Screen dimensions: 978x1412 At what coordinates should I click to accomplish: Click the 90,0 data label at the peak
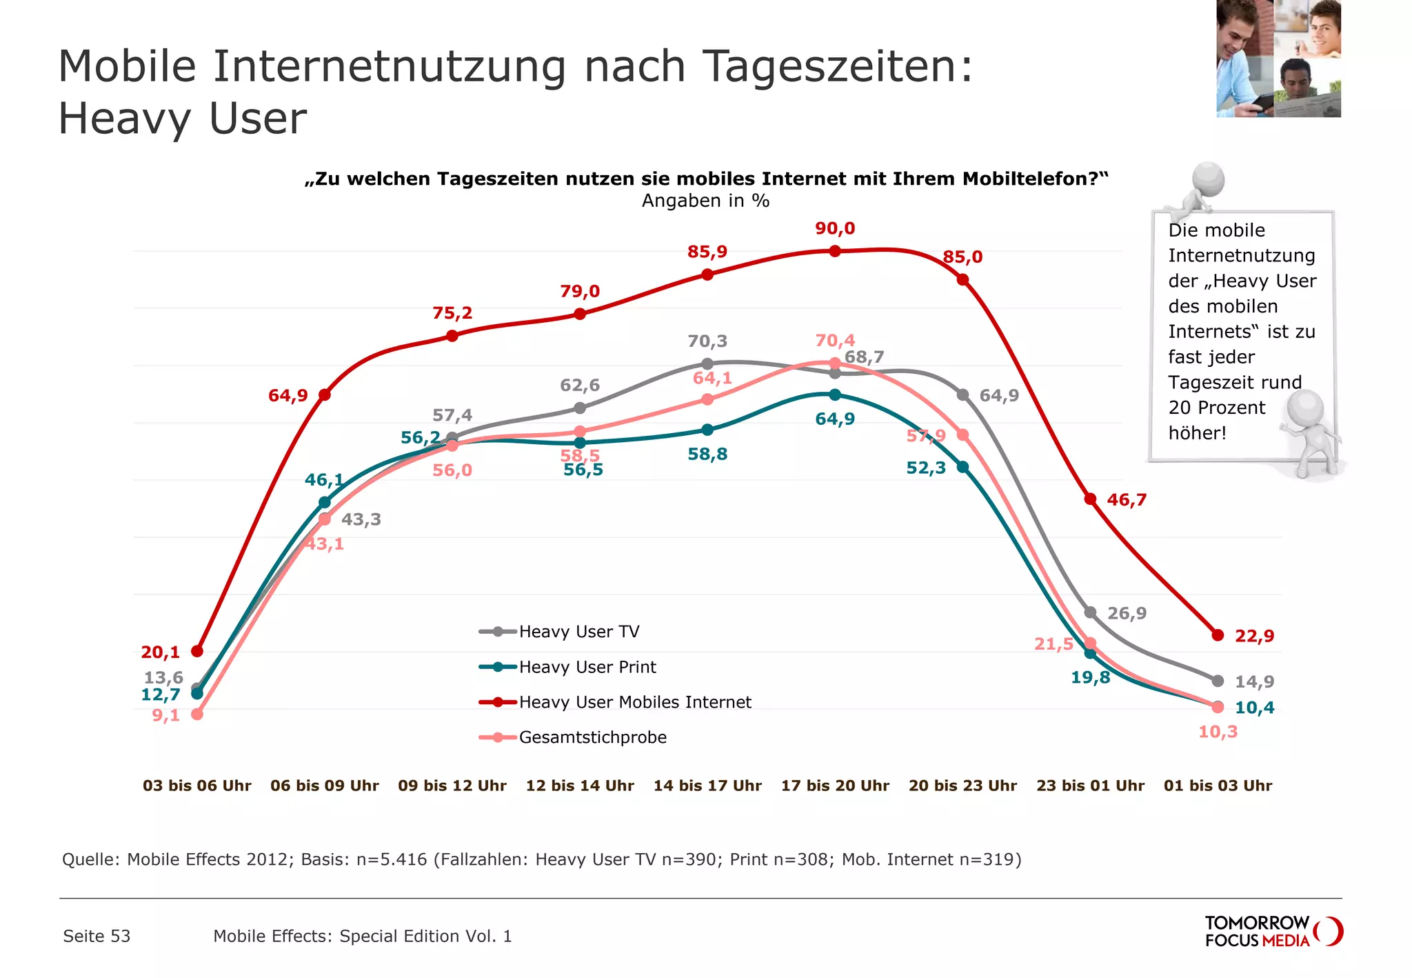click(834, 228)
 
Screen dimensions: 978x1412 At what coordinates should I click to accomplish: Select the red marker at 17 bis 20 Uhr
click(835, 251)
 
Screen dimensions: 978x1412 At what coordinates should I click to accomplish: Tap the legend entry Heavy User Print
click(587, 667)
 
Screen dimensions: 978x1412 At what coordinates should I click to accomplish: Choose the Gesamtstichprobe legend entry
click(592, 737)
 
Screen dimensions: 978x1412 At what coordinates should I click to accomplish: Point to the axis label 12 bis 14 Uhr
click(580, 786)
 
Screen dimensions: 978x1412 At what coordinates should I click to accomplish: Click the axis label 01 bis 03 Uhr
click(1218, 786)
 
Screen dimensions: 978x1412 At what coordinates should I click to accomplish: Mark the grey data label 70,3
click(707, 341)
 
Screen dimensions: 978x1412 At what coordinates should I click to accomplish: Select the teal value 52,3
click(925, 468)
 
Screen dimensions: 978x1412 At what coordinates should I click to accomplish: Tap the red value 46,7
click(1127, 500)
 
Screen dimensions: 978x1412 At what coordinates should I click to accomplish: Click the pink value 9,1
click(165, 715)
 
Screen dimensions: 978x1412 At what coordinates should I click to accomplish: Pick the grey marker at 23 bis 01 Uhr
click(1090, 612)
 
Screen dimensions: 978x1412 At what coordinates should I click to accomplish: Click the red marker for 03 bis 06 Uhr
click(197, 651)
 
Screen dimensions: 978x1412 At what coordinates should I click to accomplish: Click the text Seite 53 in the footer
click(97, 936)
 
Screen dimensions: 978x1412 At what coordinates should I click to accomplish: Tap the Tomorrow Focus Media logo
click(1273, 931)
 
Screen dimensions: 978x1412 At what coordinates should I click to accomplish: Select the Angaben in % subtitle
click(705, 201)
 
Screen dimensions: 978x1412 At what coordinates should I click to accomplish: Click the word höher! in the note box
click(1197, 433)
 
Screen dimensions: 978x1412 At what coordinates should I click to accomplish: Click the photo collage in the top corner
click(1278, 59)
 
